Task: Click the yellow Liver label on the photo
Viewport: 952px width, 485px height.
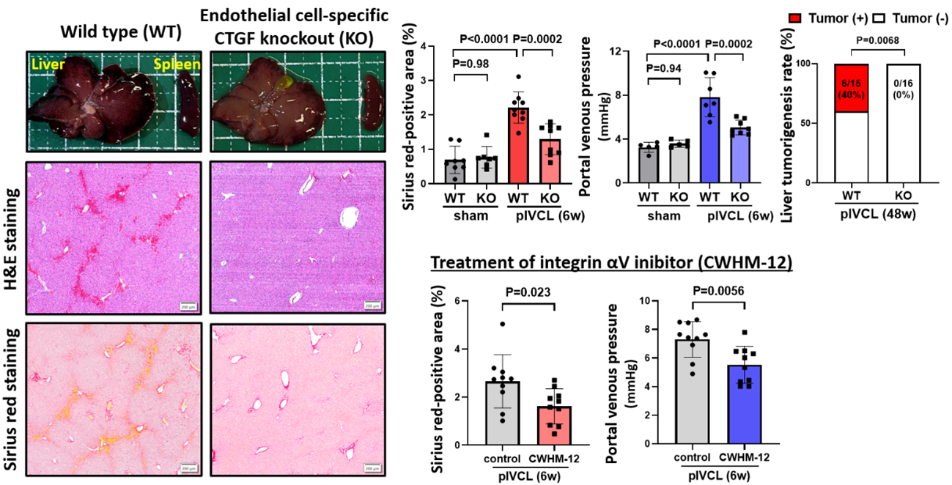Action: pos(45,67)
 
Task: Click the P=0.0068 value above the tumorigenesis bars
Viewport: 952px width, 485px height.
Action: pos(877,41)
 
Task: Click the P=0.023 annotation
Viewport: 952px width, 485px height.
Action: pos(526,292)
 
